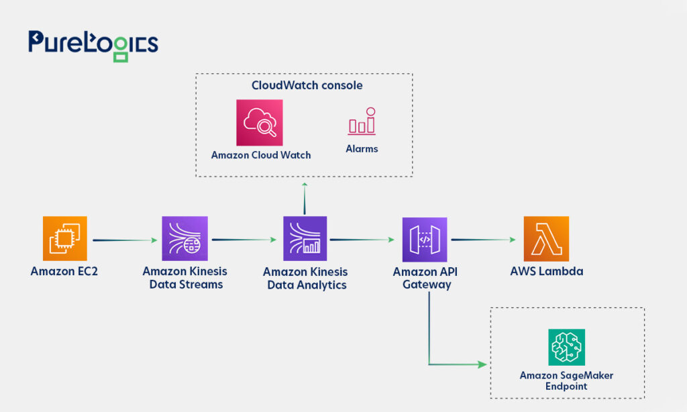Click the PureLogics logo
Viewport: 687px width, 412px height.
(93, 46)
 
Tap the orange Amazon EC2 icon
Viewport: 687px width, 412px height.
(65, 238)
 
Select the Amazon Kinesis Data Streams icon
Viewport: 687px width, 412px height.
(185, 238)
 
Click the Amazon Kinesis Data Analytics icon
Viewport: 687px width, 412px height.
(305, 238)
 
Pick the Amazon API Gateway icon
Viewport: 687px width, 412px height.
(425, 240)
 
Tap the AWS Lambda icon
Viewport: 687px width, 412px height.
(546, 238)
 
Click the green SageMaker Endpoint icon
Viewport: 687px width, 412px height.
(566, 347)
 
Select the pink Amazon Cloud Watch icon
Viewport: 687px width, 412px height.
(260, 122)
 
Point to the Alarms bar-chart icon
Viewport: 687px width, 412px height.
(362, 121)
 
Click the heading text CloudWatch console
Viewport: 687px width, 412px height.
(307, 85)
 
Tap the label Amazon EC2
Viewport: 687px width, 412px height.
(64, 271)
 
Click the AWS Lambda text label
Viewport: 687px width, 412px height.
(546, 271)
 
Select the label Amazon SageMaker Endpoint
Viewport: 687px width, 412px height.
(566, 380)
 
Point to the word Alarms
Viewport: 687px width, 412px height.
(362, 148)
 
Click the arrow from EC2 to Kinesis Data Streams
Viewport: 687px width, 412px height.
(125, 240)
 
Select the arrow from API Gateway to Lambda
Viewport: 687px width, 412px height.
(483, 240)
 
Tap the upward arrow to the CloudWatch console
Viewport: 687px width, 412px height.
(305, 199)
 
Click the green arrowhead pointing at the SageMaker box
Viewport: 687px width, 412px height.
(482, 364)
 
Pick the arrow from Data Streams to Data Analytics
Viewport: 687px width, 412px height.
(244, 240)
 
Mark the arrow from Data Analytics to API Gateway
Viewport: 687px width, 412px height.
(362, 240)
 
